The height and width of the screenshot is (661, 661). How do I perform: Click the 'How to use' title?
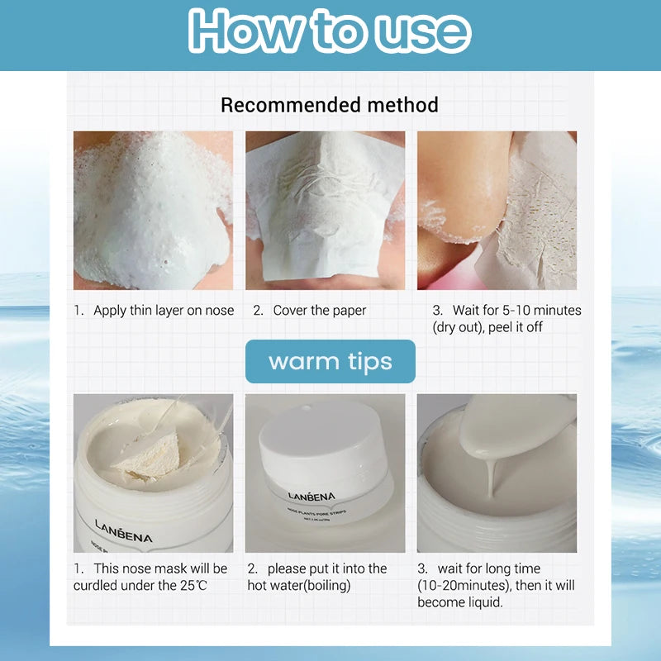tap(330, 33)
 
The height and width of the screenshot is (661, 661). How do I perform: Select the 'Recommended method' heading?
tap(330, 105)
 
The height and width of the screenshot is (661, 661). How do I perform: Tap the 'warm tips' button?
tap(330, 362)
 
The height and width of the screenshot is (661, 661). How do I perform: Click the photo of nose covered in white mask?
tap(154, 210)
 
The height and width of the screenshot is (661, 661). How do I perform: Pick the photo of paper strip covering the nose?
tap(325, 210)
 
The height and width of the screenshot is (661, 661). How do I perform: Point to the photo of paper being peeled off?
tap(497, 210)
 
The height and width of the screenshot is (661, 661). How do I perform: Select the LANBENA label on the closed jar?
tap(311, 497)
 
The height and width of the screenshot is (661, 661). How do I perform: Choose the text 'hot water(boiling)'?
tap(301, 586)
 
